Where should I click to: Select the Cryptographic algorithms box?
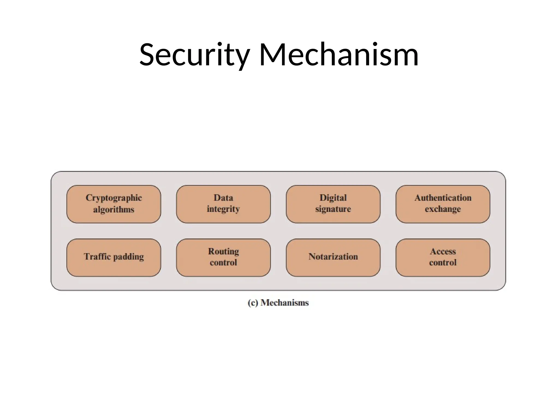click(x=114, y=204)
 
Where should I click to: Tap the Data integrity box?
click(x=223, y=204)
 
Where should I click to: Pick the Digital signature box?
click(x=333, y=204)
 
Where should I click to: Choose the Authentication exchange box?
click(x=443, y=204)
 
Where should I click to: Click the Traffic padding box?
click(x=114, y=258)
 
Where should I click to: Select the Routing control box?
click(x=223, y=258)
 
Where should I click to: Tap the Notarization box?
click(x=333, y=258)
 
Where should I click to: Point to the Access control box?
click(x=443, y=258)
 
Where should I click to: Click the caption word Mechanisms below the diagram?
click(x=284, y=303)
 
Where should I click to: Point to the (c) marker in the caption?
click(x=253, y=303)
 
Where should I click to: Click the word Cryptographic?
click(x=114, y=198)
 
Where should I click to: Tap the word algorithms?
click(x=114, y=209)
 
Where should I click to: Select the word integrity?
click(x=223, y=209)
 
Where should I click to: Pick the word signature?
click(x=333, y=209)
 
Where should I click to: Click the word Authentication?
click(x=443, y=197)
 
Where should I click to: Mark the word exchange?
click(x=443, y=209)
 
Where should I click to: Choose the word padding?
click(x=128, y=257)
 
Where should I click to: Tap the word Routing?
click(x=223, y=252)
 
